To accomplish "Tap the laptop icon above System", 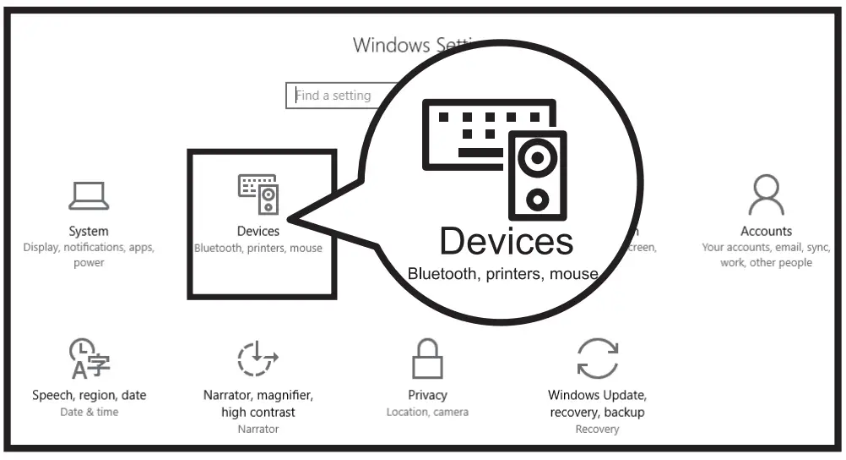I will click(89, 196).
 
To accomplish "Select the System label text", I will click(89, 231).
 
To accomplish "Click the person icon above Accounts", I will click(766, 196).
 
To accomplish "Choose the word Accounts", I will click(766, 231).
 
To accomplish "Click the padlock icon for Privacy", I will click(427, 359).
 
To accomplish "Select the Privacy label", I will click(427, 395).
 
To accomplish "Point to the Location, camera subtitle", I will click(427, 412).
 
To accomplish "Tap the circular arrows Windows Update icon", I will click(596, 358).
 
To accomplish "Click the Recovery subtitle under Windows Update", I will click(597, 429).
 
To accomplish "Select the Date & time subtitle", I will click(89, 412).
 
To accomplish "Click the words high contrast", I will click(258, 412).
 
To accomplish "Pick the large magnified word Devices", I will click(506, 241).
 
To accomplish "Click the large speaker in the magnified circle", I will click(537, 175).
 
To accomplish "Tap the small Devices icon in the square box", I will click(258, 194).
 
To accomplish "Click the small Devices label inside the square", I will click(258, 231).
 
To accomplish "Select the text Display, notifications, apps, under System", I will click(89, 248).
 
